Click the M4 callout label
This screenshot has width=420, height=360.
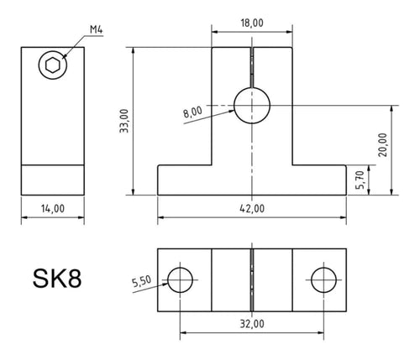click(x=98, y=32)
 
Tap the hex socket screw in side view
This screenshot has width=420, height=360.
click(x=52, y=65)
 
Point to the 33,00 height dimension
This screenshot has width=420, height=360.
click(x=124, y=121)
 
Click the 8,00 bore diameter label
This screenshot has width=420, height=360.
click(x=191, y=111)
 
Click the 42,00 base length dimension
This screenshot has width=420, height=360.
click(x=251, y=208)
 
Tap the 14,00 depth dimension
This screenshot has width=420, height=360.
click(x=52, y=209)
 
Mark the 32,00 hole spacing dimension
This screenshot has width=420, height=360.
click(x=251, y=322)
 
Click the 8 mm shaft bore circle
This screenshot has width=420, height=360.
click(x=251, y=106)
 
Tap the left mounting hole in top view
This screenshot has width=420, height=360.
click(x=179, y=279)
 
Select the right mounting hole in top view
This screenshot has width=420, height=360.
click(x=323, y=279)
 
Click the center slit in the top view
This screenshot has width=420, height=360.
click(x=251, y=279)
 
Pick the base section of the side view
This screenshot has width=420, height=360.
click(x=52, y=179)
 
